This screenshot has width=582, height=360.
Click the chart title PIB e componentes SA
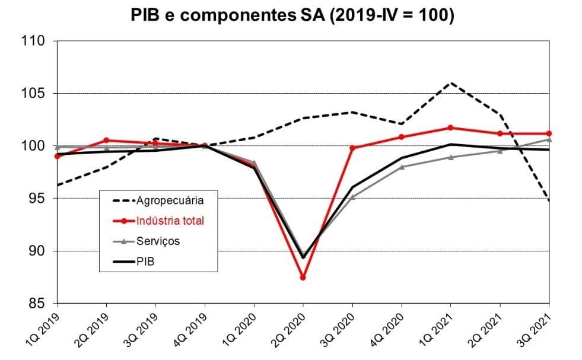(292, 16)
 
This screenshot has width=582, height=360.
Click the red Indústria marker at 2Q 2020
(303, 277)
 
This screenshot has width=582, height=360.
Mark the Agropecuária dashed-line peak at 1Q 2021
(450, 83)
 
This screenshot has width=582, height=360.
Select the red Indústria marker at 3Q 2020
(352, 148)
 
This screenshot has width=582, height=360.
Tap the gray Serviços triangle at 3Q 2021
(548, 139)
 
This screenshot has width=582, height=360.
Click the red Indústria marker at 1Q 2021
(450, 128)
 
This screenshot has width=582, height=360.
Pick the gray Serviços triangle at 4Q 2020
(402, 167)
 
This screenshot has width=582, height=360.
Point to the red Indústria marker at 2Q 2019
(106, 141)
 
